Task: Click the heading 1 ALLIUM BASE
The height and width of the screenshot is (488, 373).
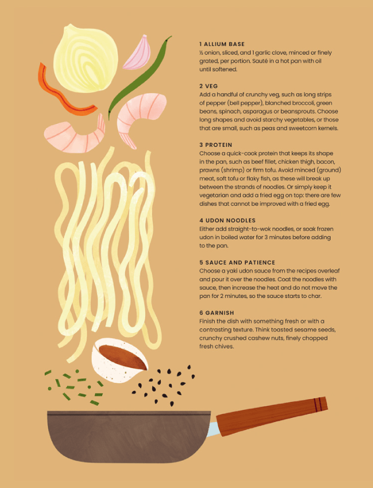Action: click(x=222, y=44)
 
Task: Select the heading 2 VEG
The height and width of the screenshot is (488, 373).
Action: click(x=208, y=86)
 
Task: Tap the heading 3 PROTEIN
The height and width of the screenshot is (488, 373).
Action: click(x=216, y=145)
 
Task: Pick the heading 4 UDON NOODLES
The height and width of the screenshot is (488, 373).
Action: click(x=227, y=220)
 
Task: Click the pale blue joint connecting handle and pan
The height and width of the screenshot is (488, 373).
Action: click(x=213, y=428)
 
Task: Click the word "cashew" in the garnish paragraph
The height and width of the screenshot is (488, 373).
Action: click(x=255, y=338)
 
